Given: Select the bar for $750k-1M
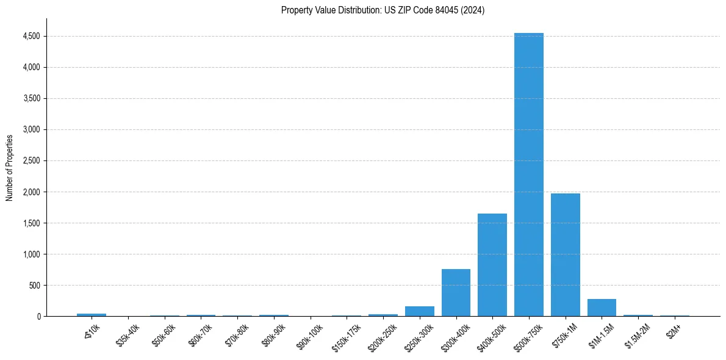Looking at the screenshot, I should pyautogui.click(x=565, y=254).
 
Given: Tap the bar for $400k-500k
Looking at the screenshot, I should pyautogui.click(x=492, y=265).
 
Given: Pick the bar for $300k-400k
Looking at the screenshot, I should pyautogui.click(x=456, y=292).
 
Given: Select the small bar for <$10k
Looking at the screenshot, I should pyautogui.click(x=91, y=315).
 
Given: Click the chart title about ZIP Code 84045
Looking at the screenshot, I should pyautogui.click(x=383, y=10).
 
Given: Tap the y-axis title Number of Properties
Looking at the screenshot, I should pyautogui.click(x=10, y=167).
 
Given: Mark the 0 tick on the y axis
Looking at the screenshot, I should pyautogui.click(x=38, y=316).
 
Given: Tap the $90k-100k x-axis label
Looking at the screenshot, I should pyautogui.click(x=311, y=336).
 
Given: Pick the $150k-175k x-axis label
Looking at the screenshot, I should pyautogui.click(x=346, y=337).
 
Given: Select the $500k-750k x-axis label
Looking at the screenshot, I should pyautogui.click(x=528, y=337).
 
